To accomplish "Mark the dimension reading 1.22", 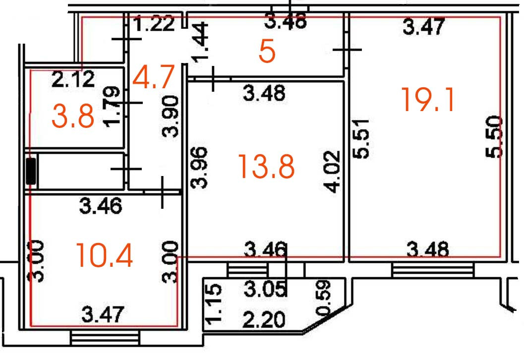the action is point(154,24).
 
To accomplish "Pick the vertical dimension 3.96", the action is point(199,167).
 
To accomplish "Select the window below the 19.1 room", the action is point(432,270).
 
